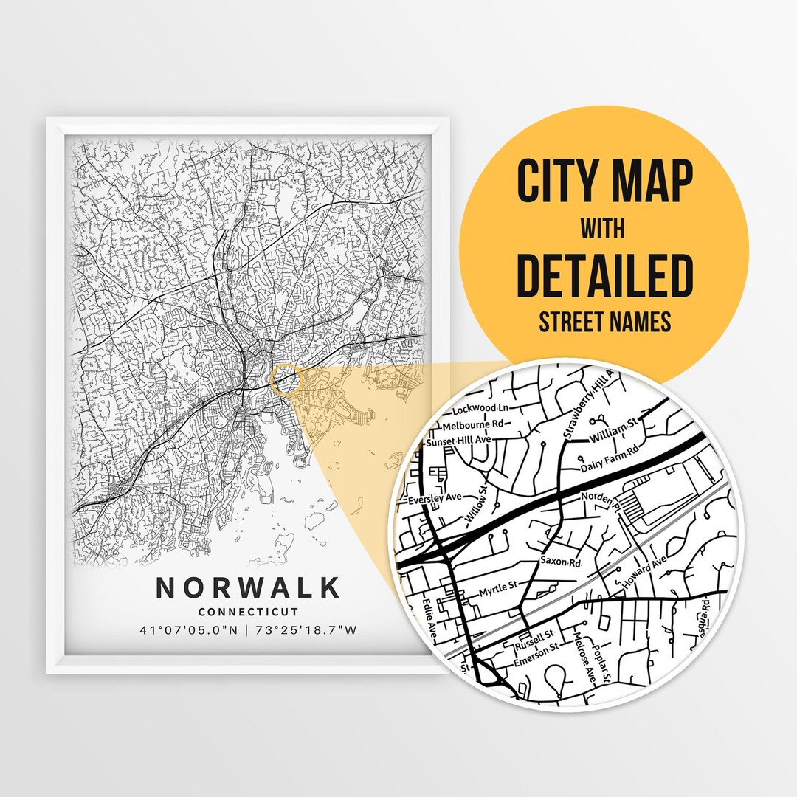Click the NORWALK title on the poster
(248, 588)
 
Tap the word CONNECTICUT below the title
(248, 612)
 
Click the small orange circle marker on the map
(286, 379)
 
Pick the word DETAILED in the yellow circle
(604, 275)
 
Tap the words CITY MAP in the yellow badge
(604, 182)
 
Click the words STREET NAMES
(604, 322)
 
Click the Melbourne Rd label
(472, 424)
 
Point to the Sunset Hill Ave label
(459, 441)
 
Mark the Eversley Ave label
(434, 500)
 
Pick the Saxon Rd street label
(562, 562)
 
